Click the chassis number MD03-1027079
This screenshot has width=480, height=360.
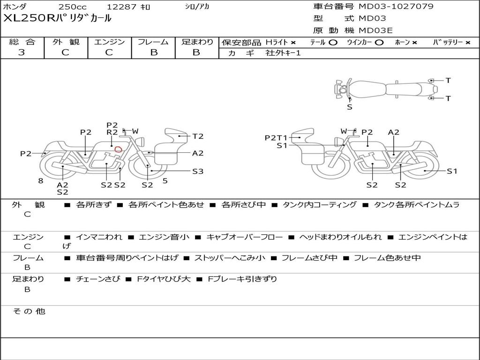pos(396,7)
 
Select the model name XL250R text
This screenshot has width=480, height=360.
pos(29,18)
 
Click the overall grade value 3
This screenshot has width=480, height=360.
pos(22,52)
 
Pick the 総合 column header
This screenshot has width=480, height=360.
pos(22,42)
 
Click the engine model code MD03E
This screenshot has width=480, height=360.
pos(375,30)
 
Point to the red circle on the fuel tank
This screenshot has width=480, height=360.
pos(118,149)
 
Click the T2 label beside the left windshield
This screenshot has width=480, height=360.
pos(198,136)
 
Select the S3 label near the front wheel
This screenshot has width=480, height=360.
pos(198,172)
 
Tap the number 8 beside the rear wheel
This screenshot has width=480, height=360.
pos(41,181)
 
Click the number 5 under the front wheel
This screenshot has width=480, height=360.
pos(165,181)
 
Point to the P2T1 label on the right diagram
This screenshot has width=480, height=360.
pos(276,138)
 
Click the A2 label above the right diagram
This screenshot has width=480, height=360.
pos(394,132)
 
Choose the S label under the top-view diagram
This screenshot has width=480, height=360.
pos(350,107)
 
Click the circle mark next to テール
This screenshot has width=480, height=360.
pos(333,43)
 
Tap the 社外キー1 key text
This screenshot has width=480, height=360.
pos(283,53)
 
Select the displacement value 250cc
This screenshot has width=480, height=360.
pos(73,7)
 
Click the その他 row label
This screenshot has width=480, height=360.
pos(29,311)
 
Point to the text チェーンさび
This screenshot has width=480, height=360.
pos(98,279)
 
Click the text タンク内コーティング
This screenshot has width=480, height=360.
pos(320,204)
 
